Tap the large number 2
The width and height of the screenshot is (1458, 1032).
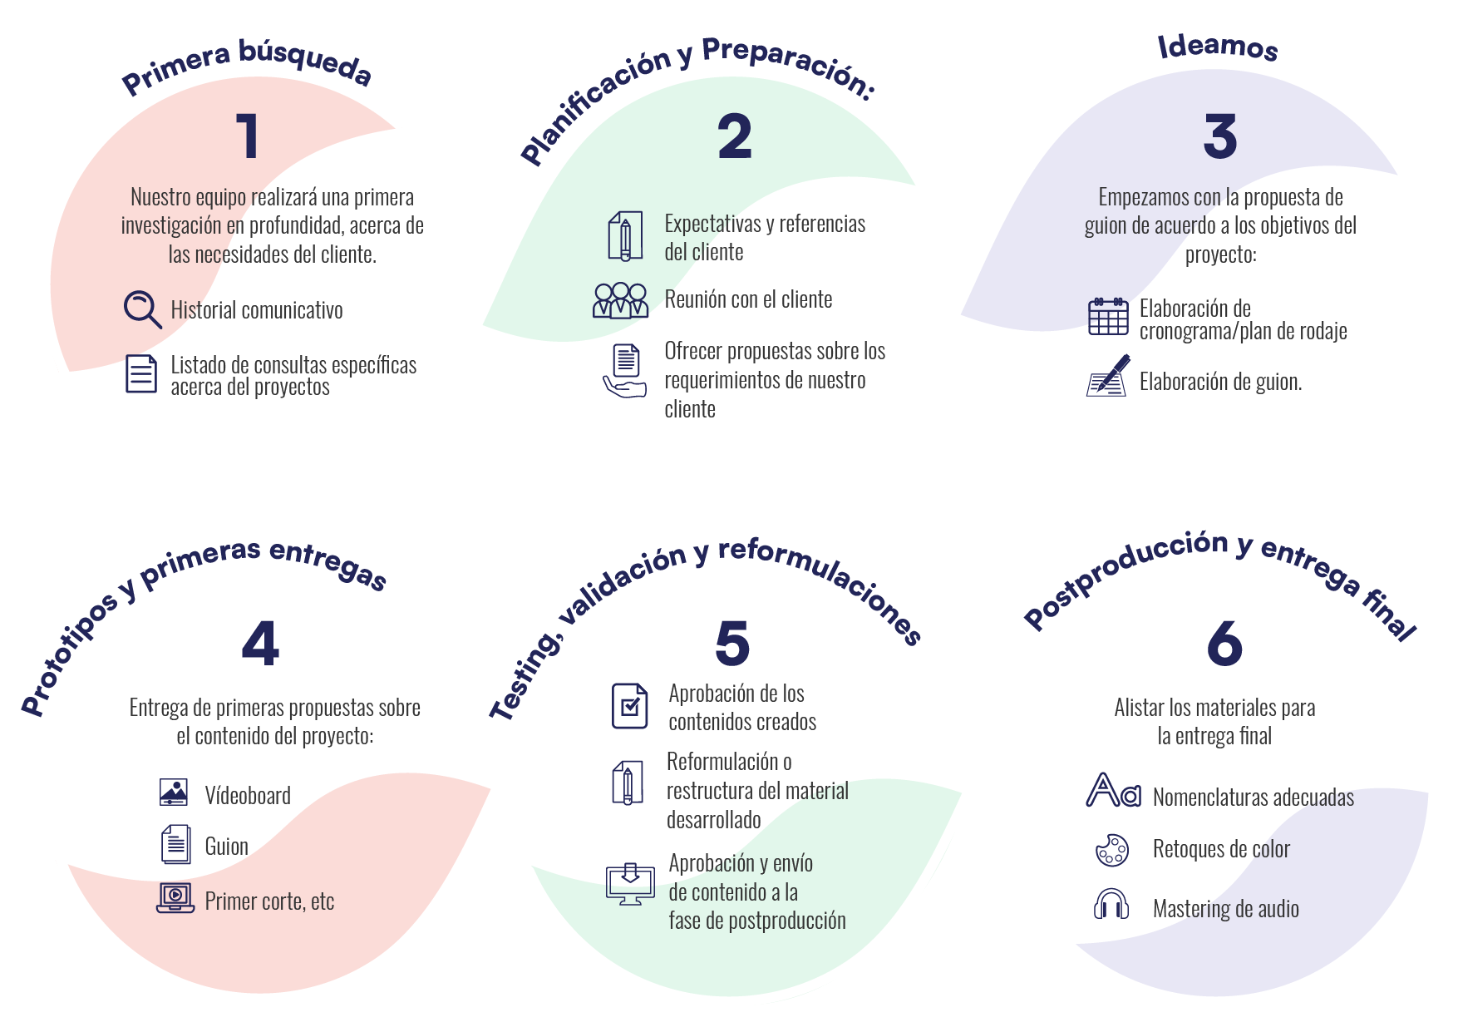click(735, 136)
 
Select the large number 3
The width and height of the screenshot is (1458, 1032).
click(1219, 136)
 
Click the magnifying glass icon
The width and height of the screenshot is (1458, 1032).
click(142, 309)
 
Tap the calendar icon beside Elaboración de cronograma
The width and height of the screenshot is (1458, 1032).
click(1108, 316)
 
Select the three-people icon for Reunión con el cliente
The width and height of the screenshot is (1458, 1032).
click(621, 300)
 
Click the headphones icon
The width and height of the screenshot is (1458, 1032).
click(1111, 904)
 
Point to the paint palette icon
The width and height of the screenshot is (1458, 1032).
click(1112, 850)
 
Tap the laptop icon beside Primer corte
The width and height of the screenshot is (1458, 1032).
click(175, 898)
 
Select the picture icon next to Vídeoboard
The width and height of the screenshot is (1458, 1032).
click(174, 793)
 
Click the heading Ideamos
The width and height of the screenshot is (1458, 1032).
click(1218, 47)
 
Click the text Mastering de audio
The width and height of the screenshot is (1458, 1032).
click(1225, 909)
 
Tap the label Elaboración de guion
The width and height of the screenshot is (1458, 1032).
click(1220, 382)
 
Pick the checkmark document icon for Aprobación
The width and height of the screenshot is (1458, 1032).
click(630, 706)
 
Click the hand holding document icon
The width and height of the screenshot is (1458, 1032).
click(625, 371)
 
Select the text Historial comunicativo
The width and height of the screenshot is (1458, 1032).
click(257, 310)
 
